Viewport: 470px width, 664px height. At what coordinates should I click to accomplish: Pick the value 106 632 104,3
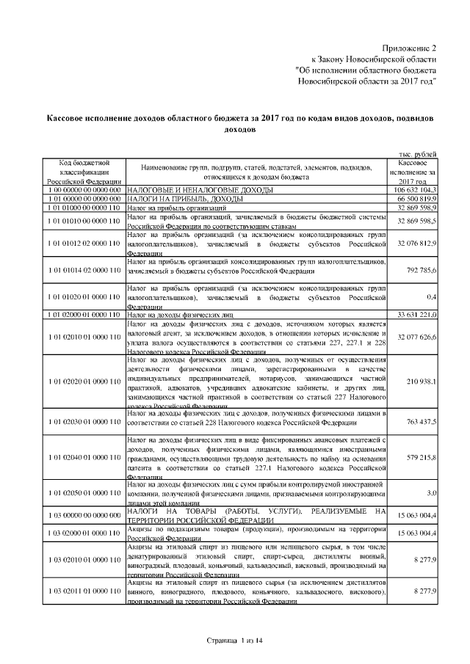[417, 189]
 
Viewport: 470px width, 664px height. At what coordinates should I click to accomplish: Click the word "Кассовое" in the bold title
[71, 118]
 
